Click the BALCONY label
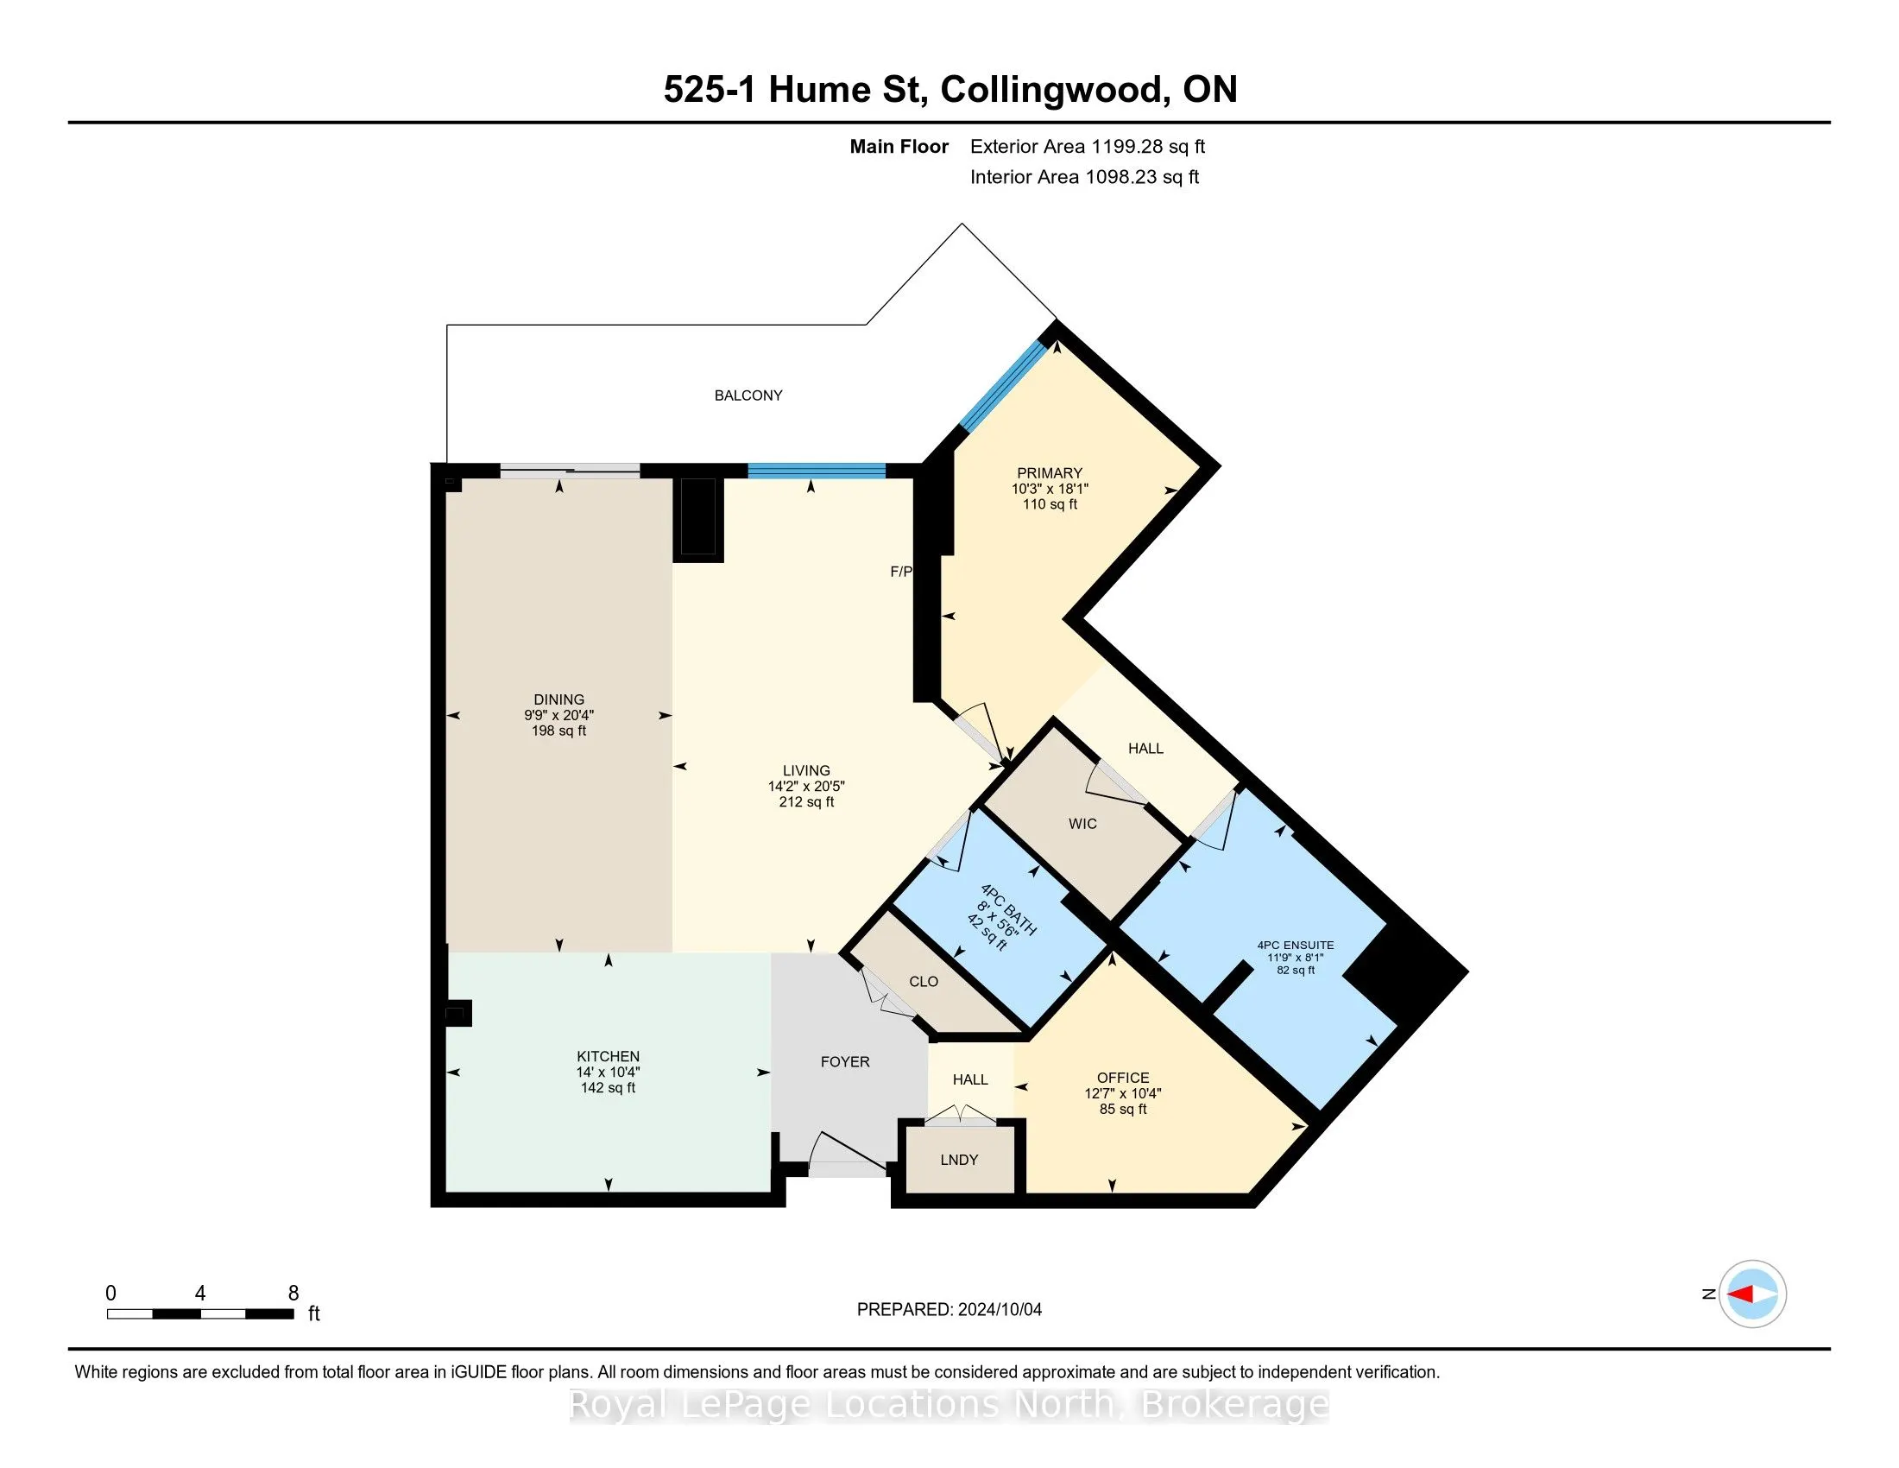point(748,395)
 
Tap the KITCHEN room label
point(608,1057)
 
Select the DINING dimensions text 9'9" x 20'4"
point(559,715)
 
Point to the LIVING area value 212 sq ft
point(806,802)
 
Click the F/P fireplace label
point(901,572)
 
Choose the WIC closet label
point(1082,824)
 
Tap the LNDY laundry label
point(959,1159)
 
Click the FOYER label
point(845,1062)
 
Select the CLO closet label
point(924,981)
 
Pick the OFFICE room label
point(1122,1078)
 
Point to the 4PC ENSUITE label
point(1296,946)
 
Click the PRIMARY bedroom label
point(1050,473)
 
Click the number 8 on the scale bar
point(293,1294)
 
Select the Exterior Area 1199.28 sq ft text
point(1088,146)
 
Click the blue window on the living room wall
point(817,471)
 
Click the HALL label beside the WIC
point(1145,748)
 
